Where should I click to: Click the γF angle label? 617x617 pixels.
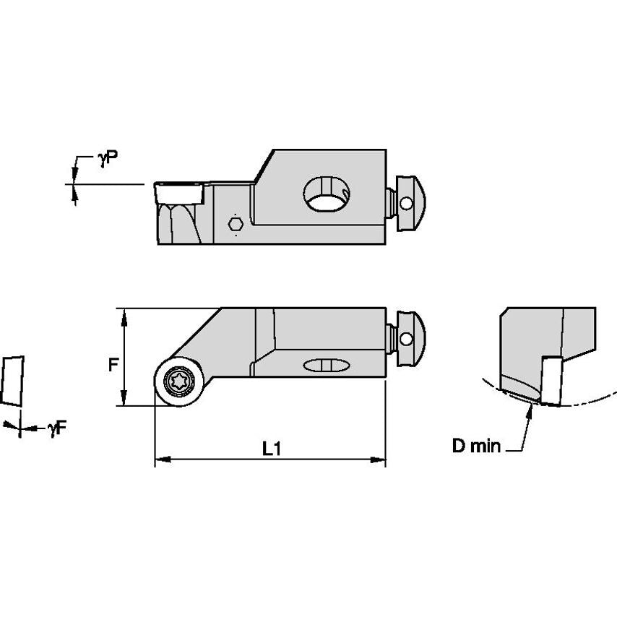pos(57,428)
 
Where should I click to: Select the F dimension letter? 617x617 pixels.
pos(113,365)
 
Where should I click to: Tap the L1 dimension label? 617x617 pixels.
pos(271,449)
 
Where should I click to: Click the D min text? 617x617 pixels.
pos(475,446)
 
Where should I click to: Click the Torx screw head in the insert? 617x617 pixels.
pos(177,380)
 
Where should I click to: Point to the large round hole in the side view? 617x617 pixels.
pos(327,194)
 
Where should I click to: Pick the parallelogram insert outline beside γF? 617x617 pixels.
pos(12,380)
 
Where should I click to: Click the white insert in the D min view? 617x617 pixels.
pos(555,379)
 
